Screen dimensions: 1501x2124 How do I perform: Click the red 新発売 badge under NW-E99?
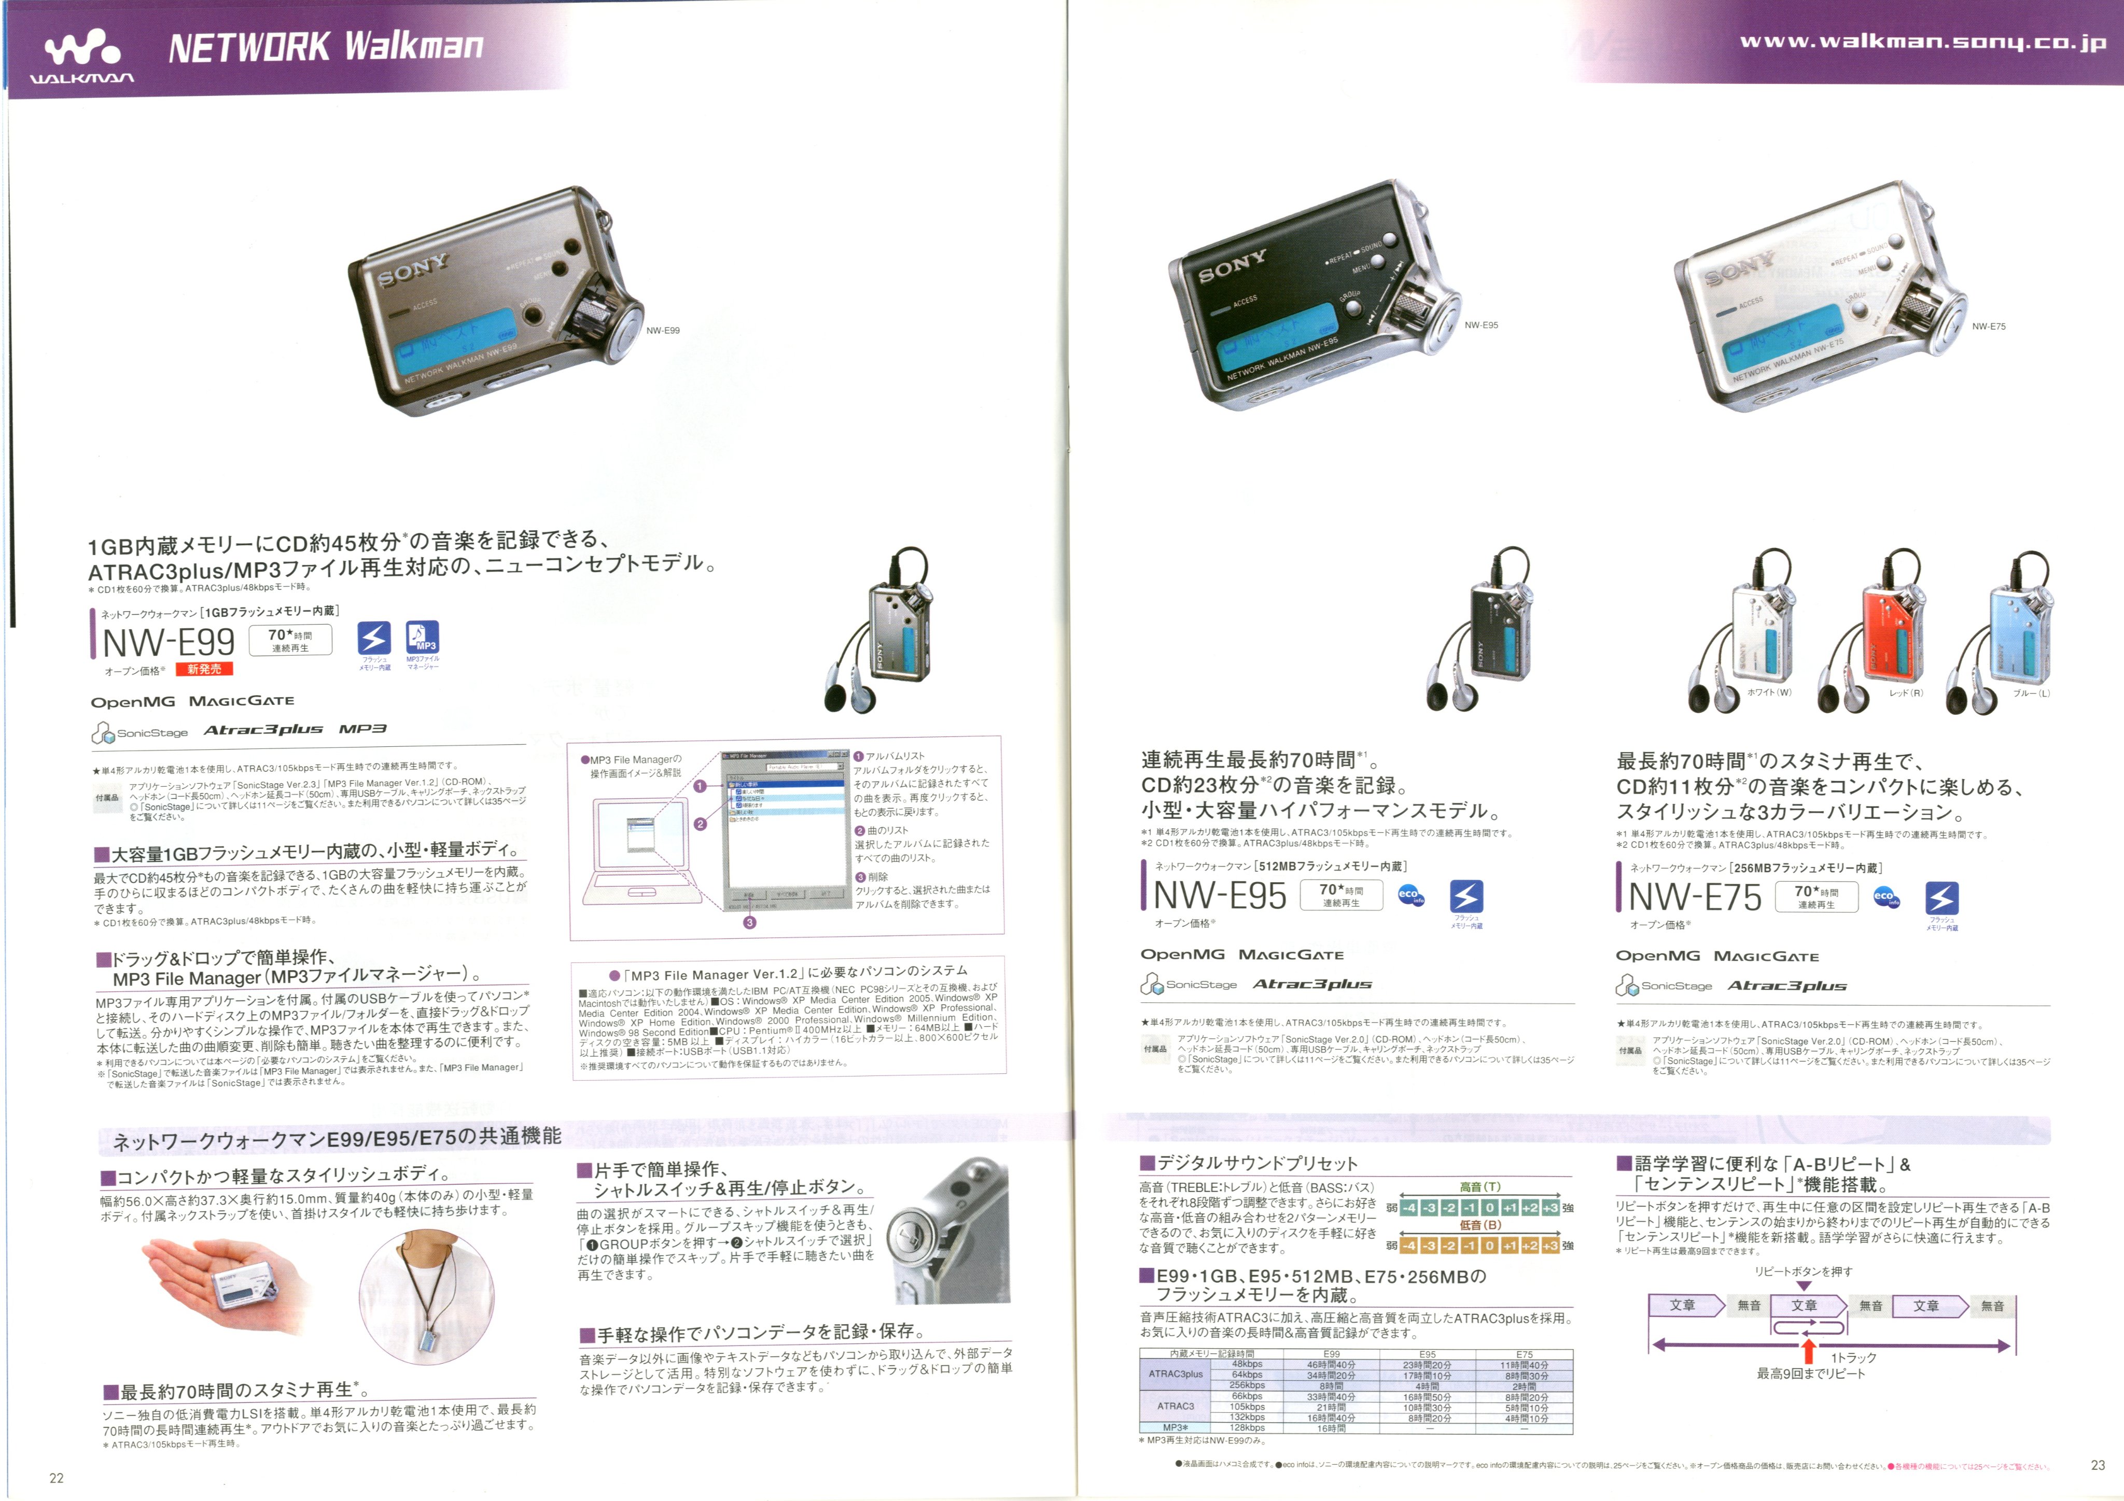pos(204,669)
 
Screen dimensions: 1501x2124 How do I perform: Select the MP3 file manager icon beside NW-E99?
pos(423,638)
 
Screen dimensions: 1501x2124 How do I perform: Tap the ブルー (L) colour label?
pos(2032,693)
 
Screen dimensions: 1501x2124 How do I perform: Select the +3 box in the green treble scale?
pos(1550,1208)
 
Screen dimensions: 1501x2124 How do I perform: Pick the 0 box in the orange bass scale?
pos(1489,1246)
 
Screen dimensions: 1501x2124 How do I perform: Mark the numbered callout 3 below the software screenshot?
pos(749,922)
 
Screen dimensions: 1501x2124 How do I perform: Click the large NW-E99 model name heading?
pos(169,642)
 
